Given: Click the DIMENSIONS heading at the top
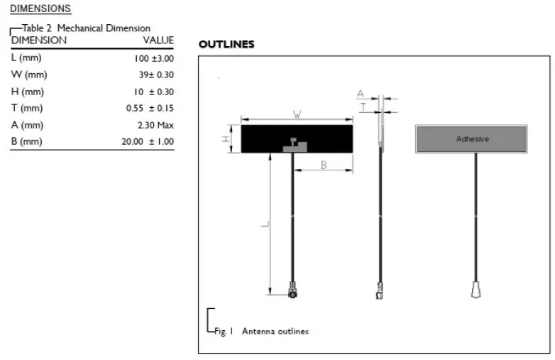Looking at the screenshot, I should (x=40, y=9).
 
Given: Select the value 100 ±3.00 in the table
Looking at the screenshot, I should (x=153, y=58).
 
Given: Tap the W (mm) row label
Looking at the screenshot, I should (x=29, y=75).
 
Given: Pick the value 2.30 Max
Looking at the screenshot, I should (x=155, y=125).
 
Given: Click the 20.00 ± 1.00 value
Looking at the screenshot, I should (x=148, y=141).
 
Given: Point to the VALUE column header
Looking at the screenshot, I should (x=158, y=40).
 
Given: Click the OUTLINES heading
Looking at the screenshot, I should (x=226, y=45).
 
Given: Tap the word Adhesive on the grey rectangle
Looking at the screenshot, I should (x=473, y=139).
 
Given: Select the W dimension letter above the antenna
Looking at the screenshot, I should (x=297, y=114).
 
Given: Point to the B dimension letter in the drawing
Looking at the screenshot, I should (x=323, y=165).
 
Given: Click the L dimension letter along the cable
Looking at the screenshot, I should (x=265, y=224).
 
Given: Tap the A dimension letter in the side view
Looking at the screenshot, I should (x=361, y=94).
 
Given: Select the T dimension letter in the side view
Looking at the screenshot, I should (x=362, y=107).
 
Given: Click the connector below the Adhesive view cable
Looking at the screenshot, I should (x=476, y=289).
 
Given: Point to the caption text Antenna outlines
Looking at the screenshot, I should (x=275, y=332).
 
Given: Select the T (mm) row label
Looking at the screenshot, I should (x=27, y=108).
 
